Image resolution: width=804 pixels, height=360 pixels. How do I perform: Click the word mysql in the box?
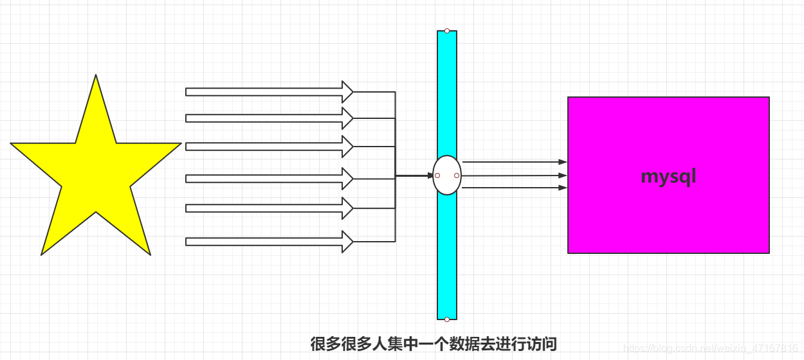click(668, 176)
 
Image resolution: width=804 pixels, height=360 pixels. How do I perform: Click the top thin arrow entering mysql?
click(514, 162)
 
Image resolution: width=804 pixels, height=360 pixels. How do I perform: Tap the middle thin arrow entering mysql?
click(514, 175)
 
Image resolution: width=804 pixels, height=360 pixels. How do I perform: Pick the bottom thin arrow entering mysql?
click(514, 188)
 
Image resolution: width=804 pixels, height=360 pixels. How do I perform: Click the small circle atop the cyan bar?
click(447, 31)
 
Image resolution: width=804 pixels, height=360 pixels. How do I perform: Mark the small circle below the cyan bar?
click(447, 319)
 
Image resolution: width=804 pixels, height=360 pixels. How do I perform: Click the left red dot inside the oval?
click(437, 175)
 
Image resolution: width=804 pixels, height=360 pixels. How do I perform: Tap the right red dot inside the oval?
click(457, 175)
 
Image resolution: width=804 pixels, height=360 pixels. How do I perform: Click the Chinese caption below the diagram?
click(433, 344)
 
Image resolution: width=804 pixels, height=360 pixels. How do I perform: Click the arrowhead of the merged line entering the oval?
click(430, 175)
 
